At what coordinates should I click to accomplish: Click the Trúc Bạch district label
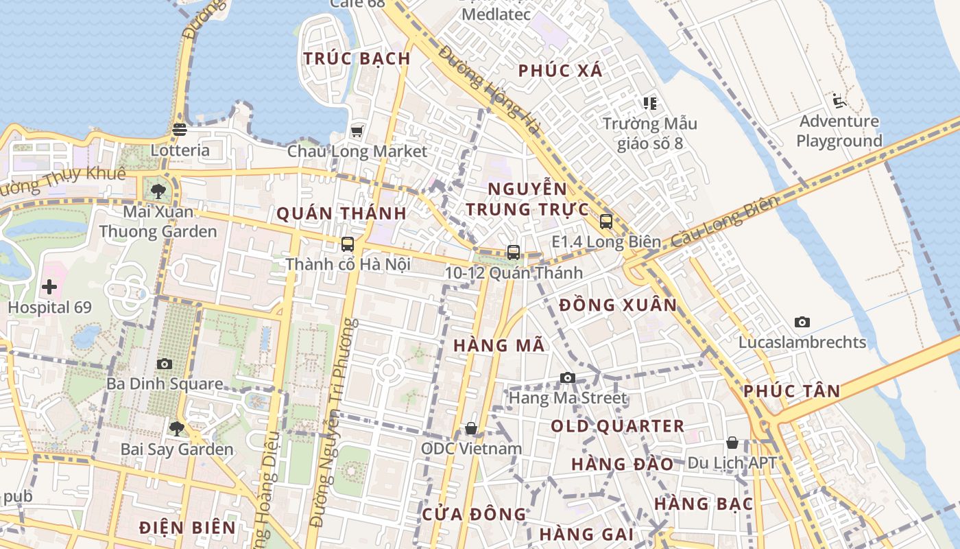[357, 58]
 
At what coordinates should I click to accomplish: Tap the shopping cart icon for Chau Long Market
[357, 131]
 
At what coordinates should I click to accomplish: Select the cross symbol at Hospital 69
[49, 287]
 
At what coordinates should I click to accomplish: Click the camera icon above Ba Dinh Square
[165, 364]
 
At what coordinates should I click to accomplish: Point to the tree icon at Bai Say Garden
[177, 429]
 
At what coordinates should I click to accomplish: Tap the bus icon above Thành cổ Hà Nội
[348, 244]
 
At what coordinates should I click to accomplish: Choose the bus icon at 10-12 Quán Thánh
[514, 253]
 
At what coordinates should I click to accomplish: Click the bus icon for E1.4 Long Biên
[606, 221]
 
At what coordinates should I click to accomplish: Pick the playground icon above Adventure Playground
[839, 102]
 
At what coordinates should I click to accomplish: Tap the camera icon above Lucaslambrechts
[802, 322]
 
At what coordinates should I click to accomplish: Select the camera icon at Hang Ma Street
[568, 377]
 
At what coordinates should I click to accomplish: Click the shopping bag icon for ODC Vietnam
[471, 428]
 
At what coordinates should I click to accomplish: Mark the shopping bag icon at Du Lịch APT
[732, 443]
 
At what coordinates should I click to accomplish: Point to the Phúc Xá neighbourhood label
[560, 70]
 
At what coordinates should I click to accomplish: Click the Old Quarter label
[618, 426]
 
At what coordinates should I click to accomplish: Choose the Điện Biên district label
[187, 528]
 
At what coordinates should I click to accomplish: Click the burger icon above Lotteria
[180, 129]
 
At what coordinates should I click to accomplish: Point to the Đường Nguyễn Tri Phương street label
[333, 422]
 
